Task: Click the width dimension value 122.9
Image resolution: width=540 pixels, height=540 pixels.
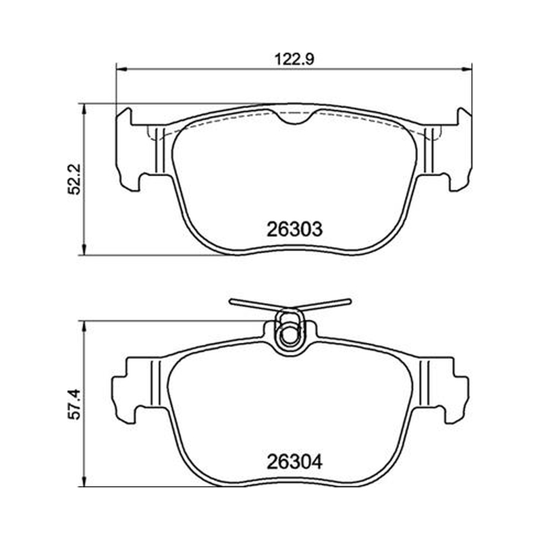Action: (x=294, y=59)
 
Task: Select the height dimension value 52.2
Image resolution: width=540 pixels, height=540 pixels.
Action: (x=74, y=179)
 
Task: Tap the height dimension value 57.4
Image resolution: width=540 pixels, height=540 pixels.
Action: (x=74, y=404)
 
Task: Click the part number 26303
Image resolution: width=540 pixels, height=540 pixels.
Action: (x=294, y=229)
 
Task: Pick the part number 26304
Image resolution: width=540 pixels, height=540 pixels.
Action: (x=294, y=462)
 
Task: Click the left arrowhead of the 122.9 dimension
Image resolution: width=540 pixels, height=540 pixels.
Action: (x=122, y=70)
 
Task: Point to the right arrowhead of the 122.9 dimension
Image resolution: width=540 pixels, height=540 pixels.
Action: (x=466, y=70)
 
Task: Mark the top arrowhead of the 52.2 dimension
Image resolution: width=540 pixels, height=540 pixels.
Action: (x=83, y=109)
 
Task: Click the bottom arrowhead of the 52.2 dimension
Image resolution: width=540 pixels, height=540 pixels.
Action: (x=83, y=250)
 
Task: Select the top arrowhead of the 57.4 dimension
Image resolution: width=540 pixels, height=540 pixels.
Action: (x=83, y=327)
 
